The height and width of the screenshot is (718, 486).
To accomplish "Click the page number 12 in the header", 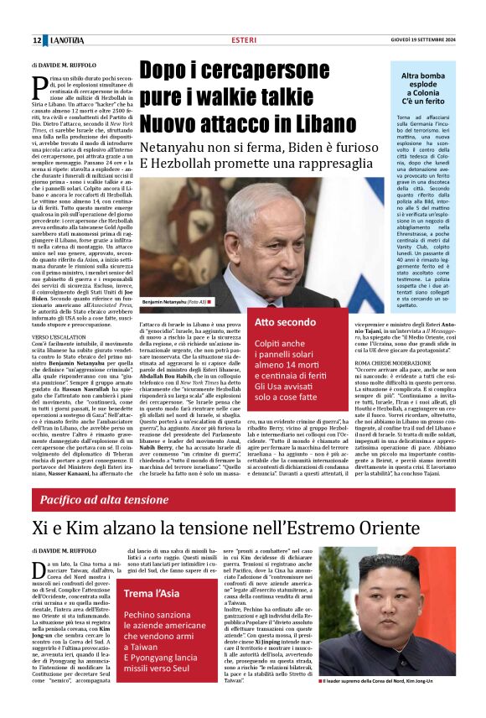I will click(x=37, y=40).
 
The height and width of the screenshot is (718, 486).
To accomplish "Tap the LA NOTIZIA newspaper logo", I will click(x=66, y=40).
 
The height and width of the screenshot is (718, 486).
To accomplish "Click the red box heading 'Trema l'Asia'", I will click(x=149, y=595).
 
